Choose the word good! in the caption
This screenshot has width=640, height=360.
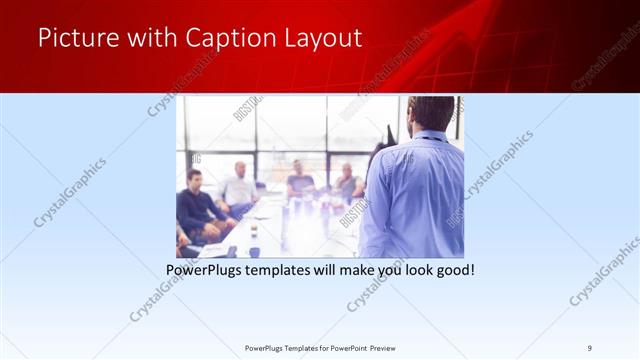[451, 269]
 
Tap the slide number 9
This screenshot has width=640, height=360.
[589, 347]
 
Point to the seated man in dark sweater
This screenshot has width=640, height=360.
[196, 205]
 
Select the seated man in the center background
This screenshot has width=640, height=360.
[298, 181]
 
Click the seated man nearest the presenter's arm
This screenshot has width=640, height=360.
[348, 184]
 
